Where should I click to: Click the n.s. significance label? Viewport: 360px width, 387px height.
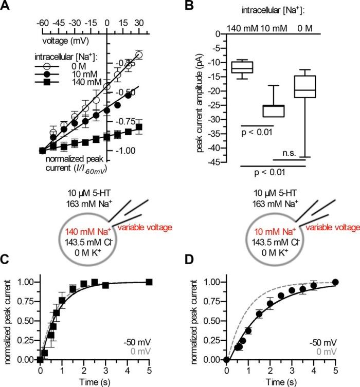[290, 153]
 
